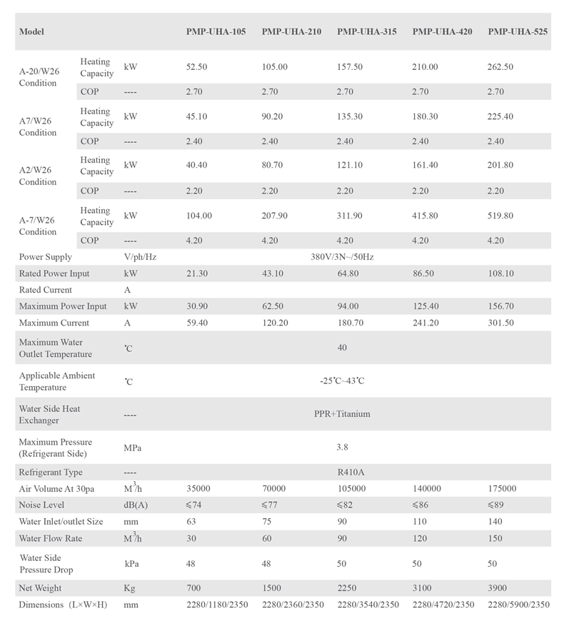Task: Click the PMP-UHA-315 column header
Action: (x=367, y=32)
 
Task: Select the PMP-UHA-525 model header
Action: (x=518, y=32)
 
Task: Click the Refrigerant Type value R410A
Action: (x=351, y=472)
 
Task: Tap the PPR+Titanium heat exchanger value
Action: (x=342, y=414)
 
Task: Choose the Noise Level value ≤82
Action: (x=346, y=505)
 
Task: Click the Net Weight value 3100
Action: (x=423, y=588)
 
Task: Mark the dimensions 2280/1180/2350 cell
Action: (x=218, y=605)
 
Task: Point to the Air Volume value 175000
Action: (x=503, y=489)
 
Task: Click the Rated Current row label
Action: (x=46, y=290)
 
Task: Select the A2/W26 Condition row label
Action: (x=38, y=176)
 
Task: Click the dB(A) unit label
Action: (x=135, y=505)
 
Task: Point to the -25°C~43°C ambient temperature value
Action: (x=342, y=381)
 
